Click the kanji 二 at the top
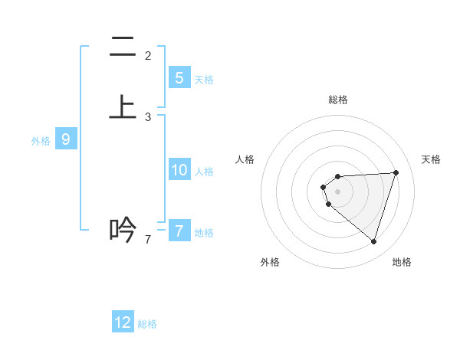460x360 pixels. [123, 49]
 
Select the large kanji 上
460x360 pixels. [123, 107]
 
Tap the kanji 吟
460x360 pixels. [123, 229]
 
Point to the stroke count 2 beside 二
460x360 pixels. [148, 56]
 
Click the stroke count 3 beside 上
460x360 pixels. [148, 117]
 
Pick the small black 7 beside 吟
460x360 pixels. [148, 240]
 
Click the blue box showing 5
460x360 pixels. [179, 77]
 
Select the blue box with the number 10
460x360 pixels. [179, 170]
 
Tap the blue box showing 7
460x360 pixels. [179, 231]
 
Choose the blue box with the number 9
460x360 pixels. [66, 139]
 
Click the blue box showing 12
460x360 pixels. [123, 322]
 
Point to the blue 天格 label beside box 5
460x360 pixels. [204, 80]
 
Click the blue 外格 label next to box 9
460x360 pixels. [41, 141]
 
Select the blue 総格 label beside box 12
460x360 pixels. [147, 324]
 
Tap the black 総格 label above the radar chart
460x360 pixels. [338, 100]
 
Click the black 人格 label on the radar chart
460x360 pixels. [245, 159]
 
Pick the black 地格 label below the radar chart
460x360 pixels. [402, 262]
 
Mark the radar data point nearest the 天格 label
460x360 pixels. [396, 172]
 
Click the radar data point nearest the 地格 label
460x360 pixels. [373, 241]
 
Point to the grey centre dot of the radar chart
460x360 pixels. [338, 191]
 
